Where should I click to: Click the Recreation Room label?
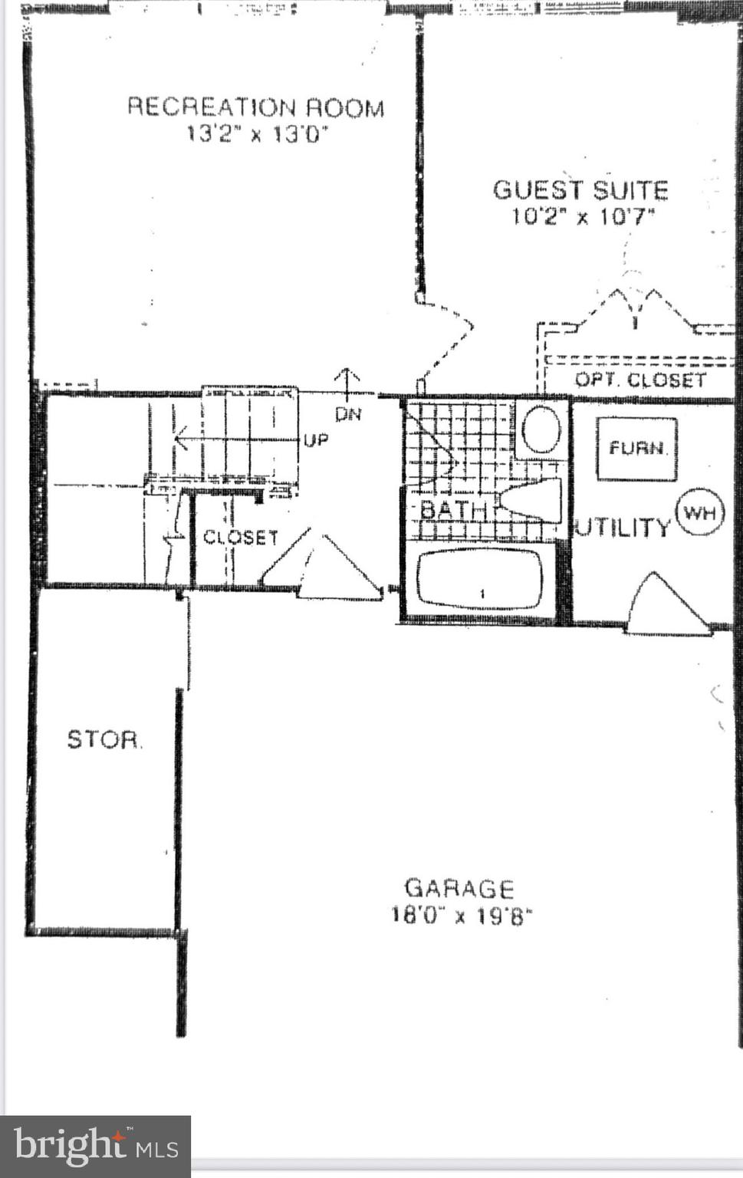[x=255, y=107]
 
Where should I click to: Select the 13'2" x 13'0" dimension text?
[x=257, y=134]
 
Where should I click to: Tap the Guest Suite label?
[x=580, y=189]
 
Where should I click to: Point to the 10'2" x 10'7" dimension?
[x=583, y=216]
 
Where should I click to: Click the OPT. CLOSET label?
[x=640, y=380]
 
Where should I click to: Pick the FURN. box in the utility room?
[x=636, y=449]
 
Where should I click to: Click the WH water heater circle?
[x=699, y=512]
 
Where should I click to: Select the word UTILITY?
[x=623, y=528]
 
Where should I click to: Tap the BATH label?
[x=452, y=509]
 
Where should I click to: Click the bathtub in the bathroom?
[x=481, y=578]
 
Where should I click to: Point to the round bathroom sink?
[x=541, y=429]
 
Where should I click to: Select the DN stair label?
[x=348, y=415]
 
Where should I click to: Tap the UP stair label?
[x=316, y=441]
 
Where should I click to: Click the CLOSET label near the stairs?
[x=240, y=538]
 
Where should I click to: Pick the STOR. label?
[x=104, y=739]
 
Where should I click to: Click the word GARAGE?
[x=459, y=888]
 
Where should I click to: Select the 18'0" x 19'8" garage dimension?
[x=461, y=915]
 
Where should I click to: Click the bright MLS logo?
[x=96, y=1147]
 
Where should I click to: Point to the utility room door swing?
[x=666, y=606]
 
